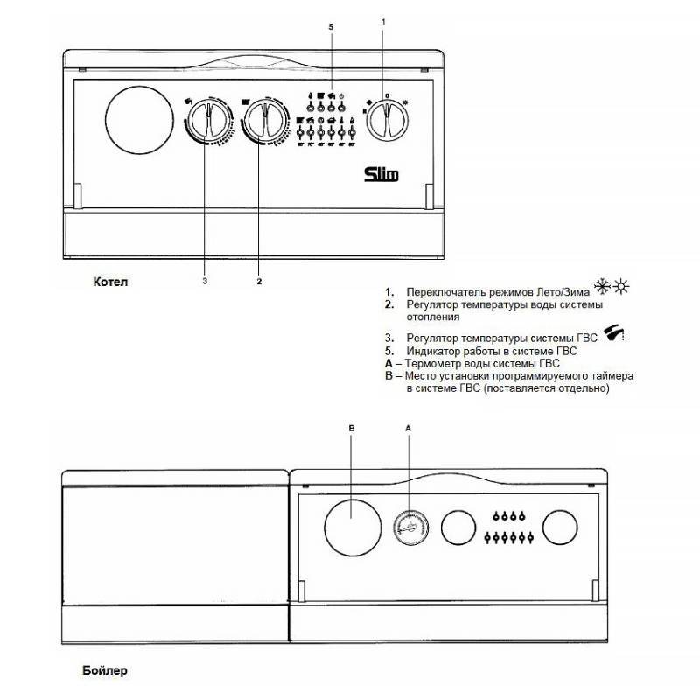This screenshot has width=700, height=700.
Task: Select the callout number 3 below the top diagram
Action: (x=205, y=281)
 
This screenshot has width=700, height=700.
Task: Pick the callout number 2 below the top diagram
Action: (x=259, y=281)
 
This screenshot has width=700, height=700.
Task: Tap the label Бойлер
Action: (x=108, y=671)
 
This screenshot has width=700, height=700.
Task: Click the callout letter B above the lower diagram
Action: (x=352, y=429)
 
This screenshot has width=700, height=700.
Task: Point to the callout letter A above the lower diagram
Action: (x=408, y=429)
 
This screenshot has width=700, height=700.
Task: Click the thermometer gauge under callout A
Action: (x=408, y=528)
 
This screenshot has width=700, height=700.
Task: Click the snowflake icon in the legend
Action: (x=601, y=286)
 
